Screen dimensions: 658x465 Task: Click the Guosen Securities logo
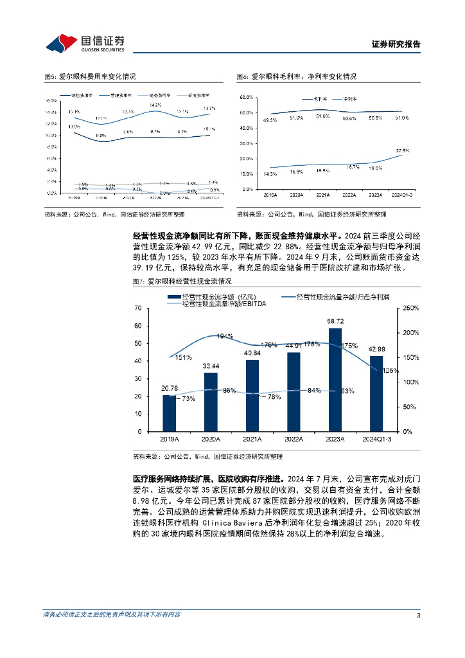pos(85,42)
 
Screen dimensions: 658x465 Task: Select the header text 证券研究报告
pos(396,44)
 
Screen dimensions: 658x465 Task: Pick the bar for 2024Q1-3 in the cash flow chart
pos(376,393)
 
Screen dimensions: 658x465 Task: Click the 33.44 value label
pos(211,365)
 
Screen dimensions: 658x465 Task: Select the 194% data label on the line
pos(225,336)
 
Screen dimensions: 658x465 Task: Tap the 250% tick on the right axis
pos(409,308)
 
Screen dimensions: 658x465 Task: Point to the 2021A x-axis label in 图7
pos(252,439)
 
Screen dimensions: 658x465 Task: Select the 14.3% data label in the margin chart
pos(270,174)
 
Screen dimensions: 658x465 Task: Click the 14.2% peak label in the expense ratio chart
pos(155,105)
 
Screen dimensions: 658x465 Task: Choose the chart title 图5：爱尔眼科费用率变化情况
pos(89,76)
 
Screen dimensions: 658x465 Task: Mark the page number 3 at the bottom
pos(418,616)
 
